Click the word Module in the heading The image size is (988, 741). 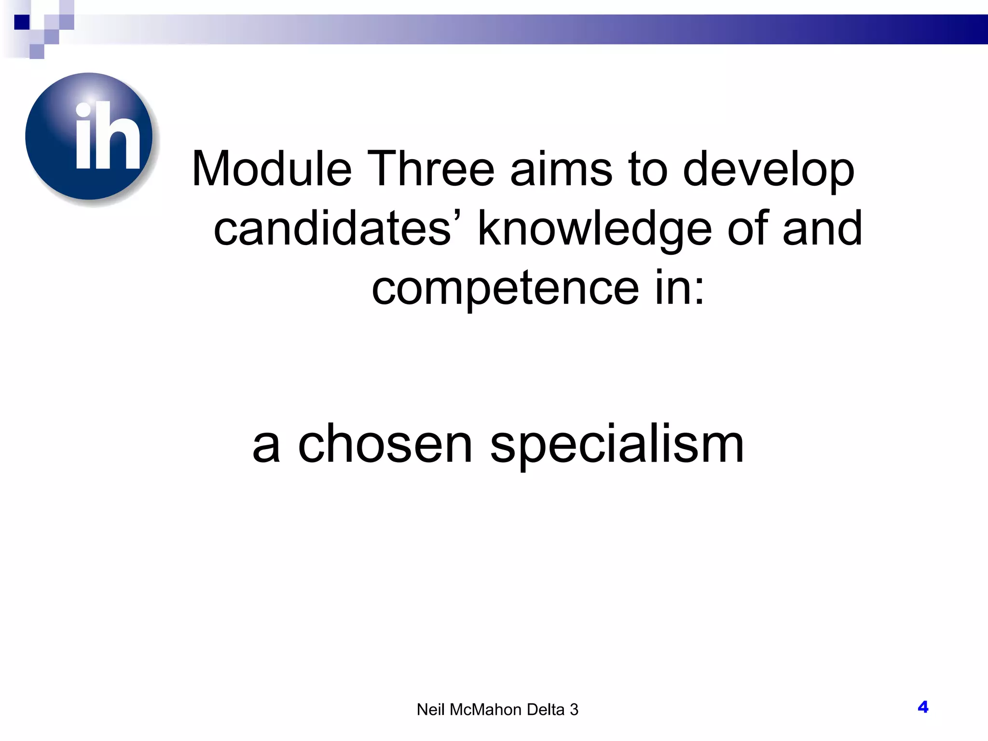pos(272,169)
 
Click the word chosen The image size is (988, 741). pos(385,444)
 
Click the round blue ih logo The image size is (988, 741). pos(89,137)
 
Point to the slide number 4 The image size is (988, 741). pos(923,707)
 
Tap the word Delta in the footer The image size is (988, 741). pos(546,710)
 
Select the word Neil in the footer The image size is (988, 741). pos(431,710)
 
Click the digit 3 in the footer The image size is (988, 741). pos(574,710)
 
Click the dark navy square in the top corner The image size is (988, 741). pos(22,22)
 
